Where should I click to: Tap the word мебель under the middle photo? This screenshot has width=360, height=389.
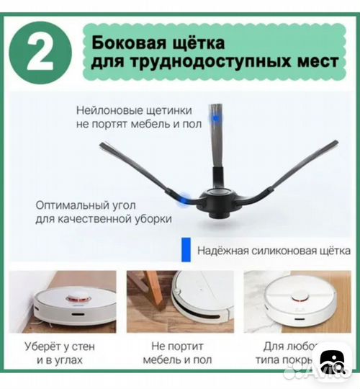tap(161, 359)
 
